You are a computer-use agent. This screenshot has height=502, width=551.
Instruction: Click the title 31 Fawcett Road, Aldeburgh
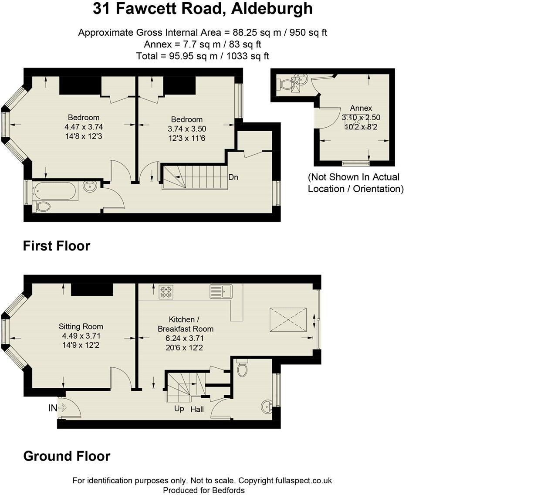tap(203, 9)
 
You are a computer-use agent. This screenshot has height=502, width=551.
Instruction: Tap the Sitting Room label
tap(81, 326)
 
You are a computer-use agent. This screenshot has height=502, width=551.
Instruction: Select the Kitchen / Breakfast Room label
tap(185, 324)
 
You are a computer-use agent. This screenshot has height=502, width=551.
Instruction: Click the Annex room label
tap(361, 108)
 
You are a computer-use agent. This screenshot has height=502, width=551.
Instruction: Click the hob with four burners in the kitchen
tap(166, 292)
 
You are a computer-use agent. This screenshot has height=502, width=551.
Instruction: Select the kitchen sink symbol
tap(221, 291)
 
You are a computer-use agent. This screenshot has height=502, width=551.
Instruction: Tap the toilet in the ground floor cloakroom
tap(243, 369)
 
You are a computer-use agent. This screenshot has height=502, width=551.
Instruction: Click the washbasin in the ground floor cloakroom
tap(267, 407)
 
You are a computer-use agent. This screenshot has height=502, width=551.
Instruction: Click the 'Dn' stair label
tap(233, 177)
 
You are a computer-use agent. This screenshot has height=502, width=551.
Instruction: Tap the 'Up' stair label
tap(179, 409)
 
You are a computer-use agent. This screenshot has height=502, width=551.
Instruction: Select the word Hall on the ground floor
tap(197, 409)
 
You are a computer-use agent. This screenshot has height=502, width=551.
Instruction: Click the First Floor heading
tap(57, 246)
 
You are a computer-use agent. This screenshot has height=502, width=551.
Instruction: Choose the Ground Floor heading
tap(67, 456)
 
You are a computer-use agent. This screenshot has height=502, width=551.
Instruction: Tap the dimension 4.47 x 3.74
tap(84, 127)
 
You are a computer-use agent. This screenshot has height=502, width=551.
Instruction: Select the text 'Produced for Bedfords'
tap(204, 490)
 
